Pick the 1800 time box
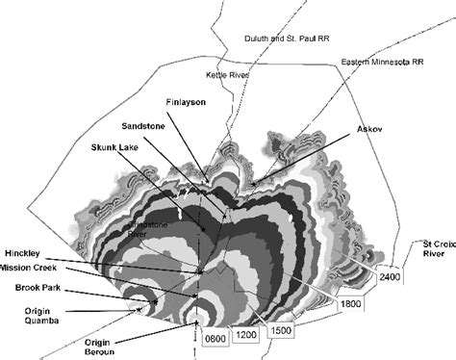[x=352, y=304]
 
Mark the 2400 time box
[x=390, y=278]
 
